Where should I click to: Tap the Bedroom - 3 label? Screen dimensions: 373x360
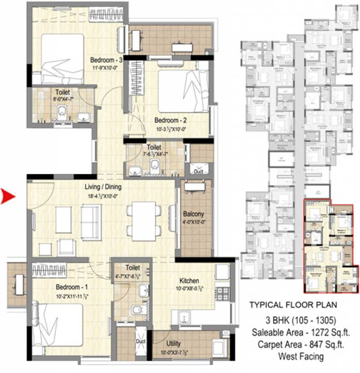click(x=105, y=60)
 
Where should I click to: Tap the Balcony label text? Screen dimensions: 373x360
click(x=194, y=214)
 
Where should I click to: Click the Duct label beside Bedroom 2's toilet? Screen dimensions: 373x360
click(x=198, y=171)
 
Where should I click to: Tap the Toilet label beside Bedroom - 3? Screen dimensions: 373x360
click(x=63, y=92)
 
